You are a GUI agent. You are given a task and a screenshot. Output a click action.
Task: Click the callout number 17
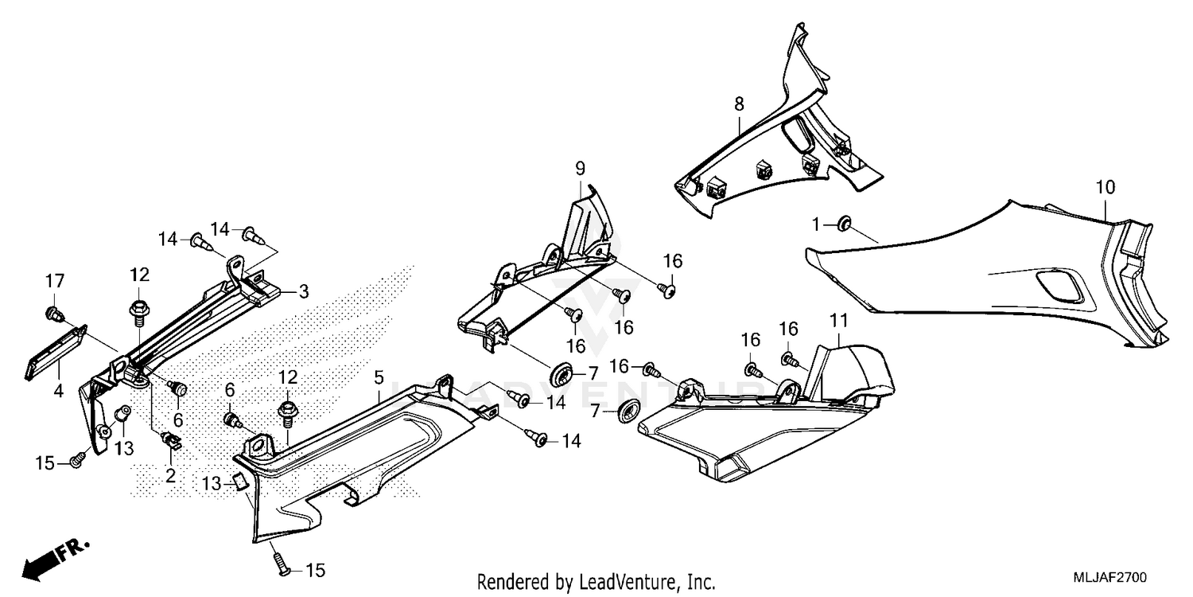(x=55, y=281)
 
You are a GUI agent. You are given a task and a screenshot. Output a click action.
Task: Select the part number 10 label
(x=1106, y=188)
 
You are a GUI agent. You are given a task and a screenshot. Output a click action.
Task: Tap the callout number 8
(x=739, y=104)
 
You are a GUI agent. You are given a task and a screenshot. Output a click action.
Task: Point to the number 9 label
(x=581, y=169)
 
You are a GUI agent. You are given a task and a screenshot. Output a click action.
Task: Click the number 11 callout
(x=839, y=321)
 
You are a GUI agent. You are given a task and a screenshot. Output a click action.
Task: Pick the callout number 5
(x=379, y=377)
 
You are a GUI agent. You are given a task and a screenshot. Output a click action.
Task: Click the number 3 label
(x=303, y=291)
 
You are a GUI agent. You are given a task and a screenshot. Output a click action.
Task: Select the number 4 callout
(x=59, y=391)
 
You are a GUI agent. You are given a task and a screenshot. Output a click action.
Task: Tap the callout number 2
(x=170, y=475)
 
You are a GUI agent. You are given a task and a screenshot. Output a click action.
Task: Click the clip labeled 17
(x=52, y=314)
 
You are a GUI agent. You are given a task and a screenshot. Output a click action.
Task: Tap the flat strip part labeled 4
(x=56, y=353)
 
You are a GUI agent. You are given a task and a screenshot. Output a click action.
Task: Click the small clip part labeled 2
(x=172, y=439)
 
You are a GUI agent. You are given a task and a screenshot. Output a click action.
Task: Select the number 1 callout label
(x=816, y=225)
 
